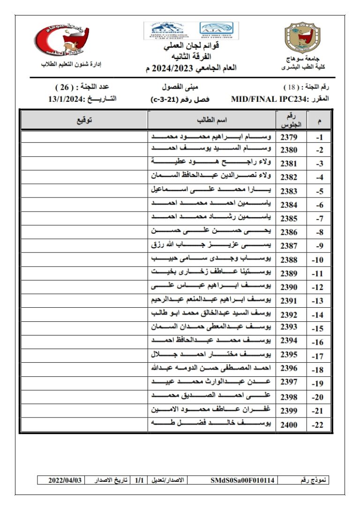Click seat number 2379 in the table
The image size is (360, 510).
(289, 137)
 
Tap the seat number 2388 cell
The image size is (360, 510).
(289, 259)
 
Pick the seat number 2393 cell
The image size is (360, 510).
(289, 327)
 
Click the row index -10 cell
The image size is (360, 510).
(319, 260)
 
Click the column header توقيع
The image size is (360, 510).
(84, 120)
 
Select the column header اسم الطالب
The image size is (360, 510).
(212, 120)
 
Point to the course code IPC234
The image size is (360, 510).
(286, 99)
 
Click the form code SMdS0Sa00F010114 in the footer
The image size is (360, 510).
(243, 480)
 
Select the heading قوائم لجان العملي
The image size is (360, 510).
(191, 46)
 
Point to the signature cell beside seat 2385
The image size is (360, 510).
(84, 219)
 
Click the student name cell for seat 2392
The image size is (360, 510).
(212, 314)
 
